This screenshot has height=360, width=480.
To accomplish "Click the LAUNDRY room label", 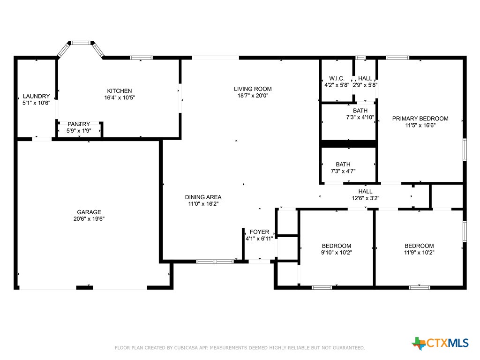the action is pos(36,96).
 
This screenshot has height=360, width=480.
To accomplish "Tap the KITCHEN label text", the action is pos(120,91).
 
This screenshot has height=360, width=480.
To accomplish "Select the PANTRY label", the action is pos(79,124).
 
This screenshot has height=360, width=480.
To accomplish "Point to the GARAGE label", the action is pos(89,212).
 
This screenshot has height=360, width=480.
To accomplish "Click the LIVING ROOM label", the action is pos(253,89).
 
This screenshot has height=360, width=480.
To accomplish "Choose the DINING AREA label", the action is pos(203,197).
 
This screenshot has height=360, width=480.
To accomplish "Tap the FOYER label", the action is pos(259,232).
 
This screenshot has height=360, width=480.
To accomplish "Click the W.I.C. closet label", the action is pos(337,78).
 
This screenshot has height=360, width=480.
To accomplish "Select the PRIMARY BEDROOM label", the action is pos(420,119).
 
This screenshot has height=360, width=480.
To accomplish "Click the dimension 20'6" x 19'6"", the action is pos(89,218).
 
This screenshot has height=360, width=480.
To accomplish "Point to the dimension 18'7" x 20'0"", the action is pos(253,96).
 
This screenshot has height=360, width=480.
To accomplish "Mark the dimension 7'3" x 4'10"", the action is pos(360,117).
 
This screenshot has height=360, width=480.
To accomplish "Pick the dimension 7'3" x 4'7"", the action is pos(343,171).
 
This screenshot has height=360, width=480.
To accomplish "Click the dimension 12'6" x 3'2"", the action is pos(365,198).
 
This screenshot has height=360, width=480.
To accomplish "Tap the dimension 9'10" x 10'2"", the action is pos(336,253).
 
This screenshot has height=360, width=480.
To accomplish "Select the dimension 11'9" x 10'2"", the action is pos(419,253).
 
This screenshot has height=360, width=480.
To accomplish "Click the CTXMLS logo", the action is pos(440,343).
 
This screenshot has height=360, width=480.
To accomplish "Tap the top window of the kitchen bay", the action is pos(81,43).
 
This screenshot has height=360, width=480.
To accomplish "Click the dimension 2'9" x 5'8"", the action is pos(365,85).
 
